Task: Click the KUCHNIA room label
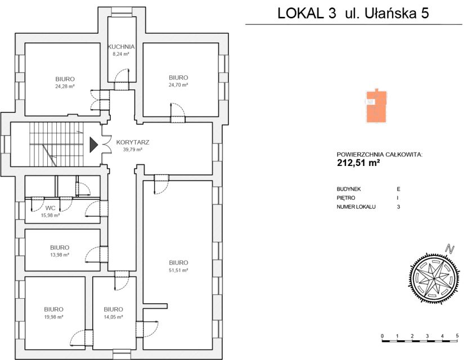coord(121,47)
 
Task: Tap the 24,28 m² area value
coord(65,86)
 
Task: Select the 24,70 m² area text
coord(178,85)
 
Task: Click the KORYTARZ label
coord(132,142)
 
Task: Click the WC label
coord(50,208)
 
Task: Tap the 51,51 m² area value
coord(178,270)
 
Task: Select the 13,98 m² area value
coord(59,255)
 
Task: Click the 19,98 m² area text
coord(53,317)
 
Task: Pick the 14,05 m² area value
coord(113,317)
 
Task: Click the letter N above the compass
coord(448,249)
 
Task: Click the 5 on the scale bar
coord(457,336)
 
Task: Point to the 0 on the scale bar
coord(382,336)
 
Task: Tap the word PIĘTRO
coord(345,198)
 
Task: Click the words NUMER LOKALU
coord(356,206)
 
